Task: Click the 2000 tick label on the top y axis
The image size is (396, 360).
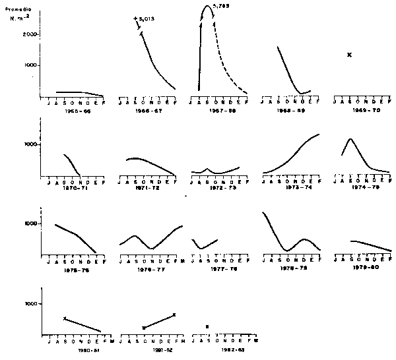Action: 29,34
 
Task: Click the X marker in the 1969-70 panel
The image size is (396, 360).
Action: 349,54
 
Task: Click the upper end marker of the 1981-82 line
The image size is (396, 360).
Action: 174,315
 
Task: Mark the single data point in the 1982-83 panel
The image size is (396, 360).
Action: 207,326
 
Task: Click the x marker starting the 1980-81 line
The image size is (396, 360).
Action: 64,318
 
